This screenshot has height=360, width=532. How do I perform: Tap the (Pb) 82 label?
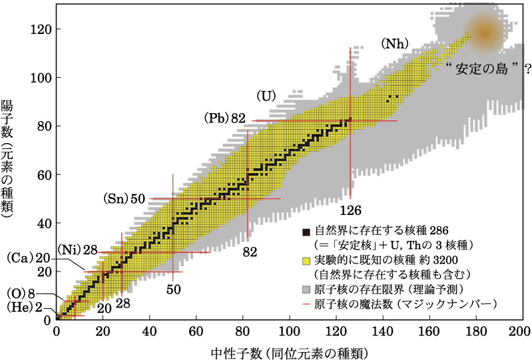(225, 118)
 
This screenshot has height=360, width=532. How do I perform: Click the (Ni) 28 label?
(77, 250)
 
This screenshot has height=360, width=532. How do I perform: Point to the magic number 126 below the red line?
(350, 210)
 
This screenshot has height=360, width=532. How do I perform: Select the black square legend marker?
(307, 232)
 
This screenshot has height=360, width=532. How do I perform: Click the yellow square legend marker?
(307, 260)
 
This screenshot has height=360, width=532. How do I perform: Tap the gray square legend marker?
(307, 289)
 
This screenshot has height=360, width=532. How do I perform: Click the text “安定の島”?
(479, 68)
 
